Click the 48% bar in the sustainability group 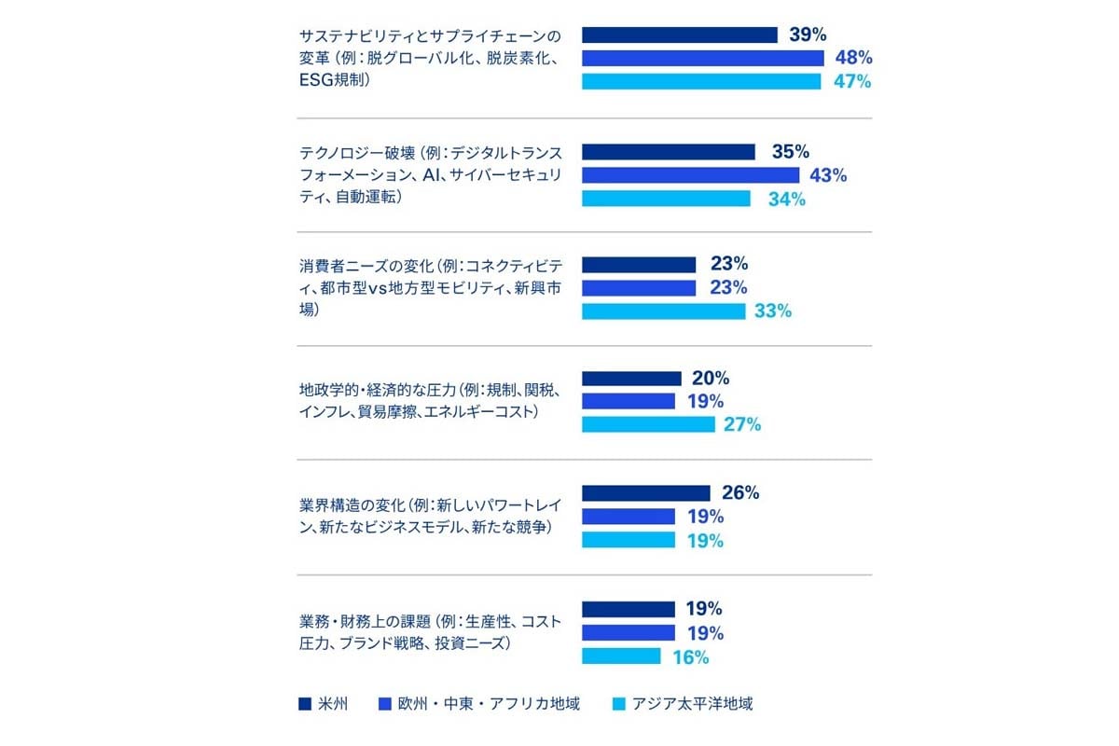tap(703, 59)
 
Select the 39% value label tap(808, 35)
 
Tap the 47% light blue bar tap(701, 82)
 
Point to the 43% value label tap(828, 175)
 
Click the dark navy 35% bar tap(669, 152)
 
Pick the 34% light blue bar tap(666, 199)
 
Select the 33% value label tap(773, 311)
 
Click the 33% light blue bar tap(663, 311)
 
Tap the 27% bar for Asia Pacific tap(648, 425)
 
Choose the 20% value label tap(711, 379)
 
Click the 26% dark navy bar tap(646, 493)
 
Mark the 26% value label tap(740, 493)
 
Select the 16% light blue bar tap(621, 656)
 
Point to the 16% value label tap(690, 656)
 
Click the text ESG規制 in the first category tap(334, 82)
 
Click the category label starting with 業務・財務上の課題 tap(430, 632)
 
